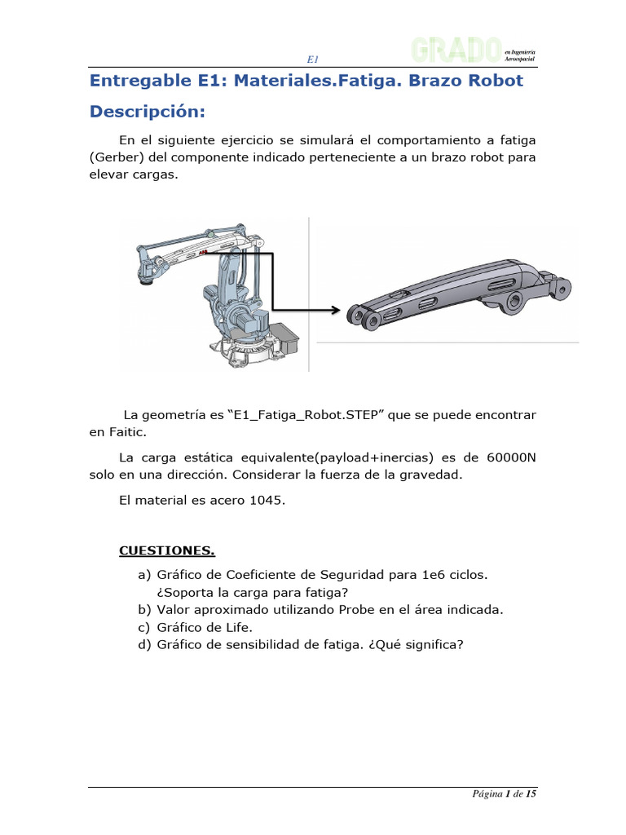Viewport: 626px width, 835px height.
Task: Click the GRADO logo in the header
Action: click(x=456, y=51)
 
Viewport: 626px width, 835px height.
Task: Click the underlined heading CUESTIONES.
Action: click(x=167, y=551)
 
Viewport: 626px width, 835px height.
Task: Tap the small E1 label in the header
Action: click(x=312, y=59)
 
